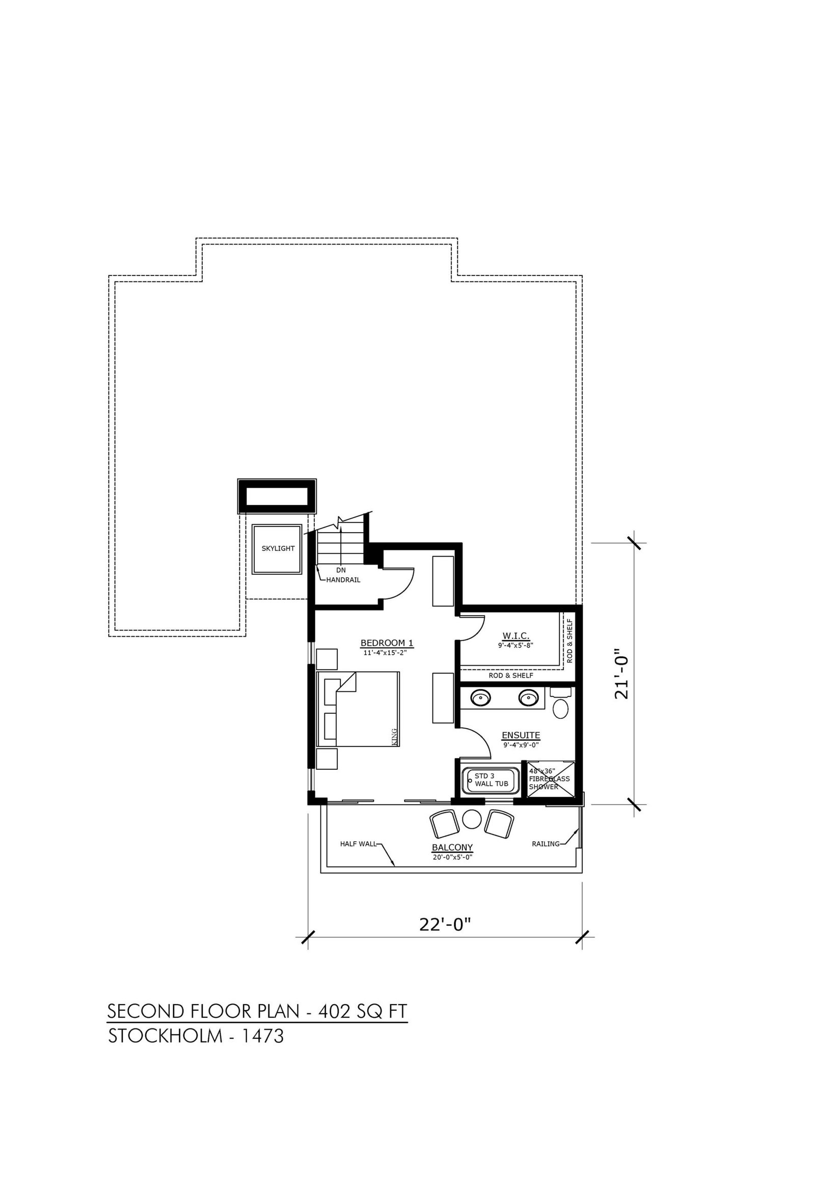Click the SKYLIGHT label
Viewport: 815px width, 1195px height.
point(278,548)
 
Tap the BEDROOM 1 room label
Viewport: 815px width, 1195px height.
point(387,643)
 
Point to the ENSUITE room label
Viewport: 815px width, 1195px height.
point(521,735)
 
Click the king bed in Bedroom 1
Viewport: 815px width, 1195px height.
point(359,709)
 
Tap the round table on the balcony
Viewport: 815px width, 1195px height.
point(471,819)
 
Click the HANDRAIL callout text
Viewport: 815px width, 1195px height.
point(343,579)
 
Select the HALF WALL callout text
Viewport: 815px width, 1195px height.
point(359,844)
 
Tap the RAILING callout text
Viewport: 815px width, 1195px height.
point(546,844)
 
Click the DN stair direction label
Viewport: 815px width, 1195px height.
point(341,570)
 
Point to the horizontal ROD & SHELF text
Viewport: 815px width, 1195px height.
point(511,675)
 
